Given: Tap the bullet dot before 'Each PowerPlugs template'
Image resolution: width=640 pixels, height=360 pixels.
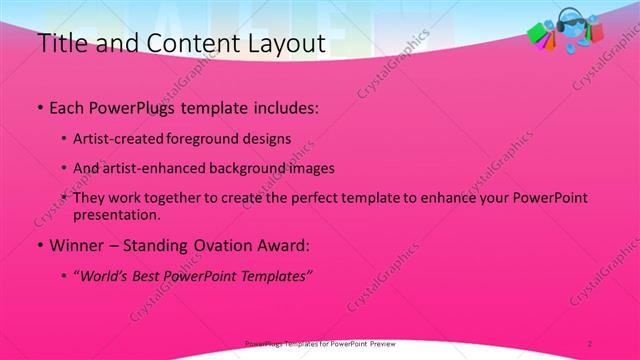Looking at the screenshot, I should pos(38,106).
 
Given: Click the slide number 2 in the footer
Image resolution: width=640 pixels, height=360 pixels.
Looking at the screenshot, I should pos(590,343).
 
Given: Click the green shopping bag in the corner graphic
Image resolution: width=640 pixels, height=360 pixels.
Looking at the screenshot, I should pos(538,35).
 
